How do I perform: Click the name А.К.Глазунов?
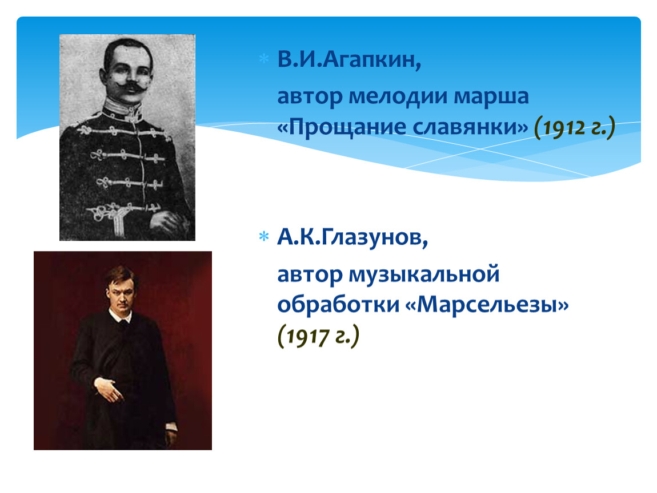pos(352,238)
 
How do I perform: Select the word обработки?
pos(339,305)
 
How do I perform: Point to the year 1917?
pos(307,336)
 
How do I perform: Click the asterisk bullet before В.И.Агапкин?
pos(264,58)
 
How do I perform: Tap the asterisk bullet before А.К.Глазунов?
pos(264,236)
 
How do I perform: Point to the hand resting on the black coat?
pos(107,389)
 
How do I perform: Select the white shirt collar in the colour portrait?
pos(120,316)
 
